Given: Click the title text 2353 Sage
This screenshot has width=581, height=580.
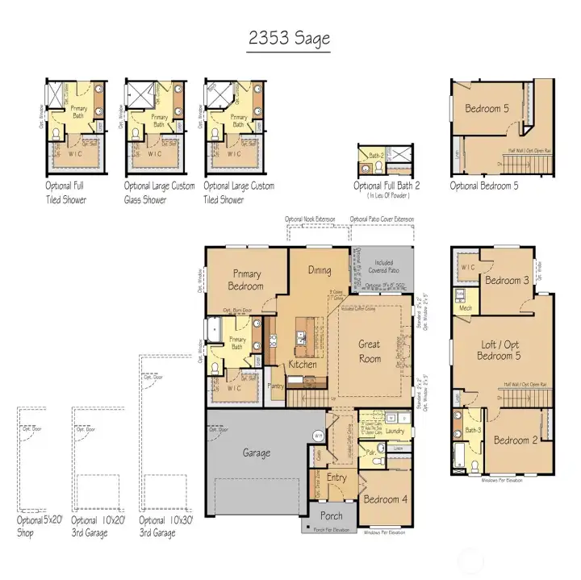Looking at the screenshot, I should pos(289,38).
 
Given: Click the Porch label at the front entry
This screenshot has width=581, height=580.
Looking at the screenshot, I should pos(331,515).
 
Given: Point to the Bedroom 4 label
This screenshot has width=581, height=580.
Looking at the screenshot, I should pos(384,499).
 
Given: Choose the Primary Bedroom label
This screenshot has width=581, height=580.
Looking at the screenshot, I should pos(245,280).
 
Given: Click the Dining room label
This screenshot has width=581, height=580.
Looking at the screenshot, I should pos(319,270).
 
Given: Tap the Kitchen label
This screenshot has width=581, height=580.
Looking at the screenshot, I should pos(303,365).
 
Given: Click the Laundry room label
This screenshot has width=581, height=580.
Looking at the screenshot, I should pos(395,432).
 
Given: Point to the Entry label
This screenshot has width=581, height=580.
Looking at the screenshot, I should pos(336,478).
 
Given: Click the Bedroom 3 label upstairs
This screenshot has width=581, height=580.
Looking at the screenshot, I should pos(506,280).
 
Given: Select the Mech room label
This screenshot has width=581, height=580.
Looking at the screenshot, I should pos(465,307).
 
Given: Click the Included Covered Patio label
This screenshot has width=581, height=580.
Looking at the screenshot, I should pos(384,267).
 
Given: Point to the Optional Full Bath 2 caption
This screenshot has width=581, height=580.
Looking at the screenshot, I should pos(383,186).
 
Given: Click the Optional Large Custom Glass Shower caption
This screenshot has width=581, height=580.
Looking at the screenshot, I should pos(159,192).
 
